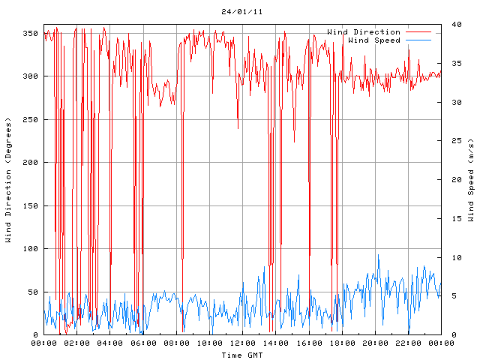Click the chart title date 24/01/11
click(242, 12)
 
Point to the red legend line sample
click(418, 32)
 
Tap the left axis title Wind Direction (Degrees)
click(8, 180)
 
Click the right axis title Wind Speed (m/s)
click(471, 180)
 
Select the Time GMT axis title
click(242, 354)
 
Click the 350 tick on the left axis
click(30, 34)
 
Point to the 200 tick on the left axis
click(30, 163)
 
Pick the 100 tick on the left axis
click(30, 249)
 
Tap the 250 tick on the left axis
click(30, 120)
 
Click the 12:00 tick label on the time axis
click(242, 343)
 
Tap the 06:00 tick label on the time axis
click(143, 343)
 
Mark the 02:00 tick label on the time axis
click(77, 343)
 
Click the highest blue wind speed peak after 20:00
click(378, 255)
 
